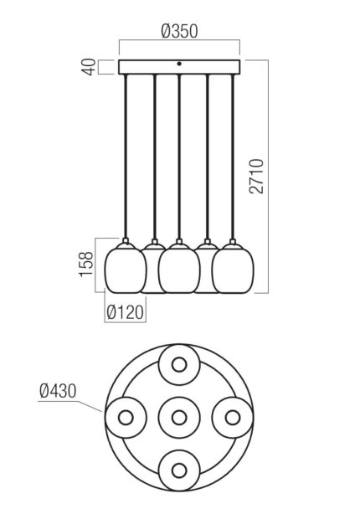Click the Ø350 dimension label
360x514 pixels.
tap(180, 31)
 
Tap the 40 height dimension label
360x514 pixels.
tap(89, 67)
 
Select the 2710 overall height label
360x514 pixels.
tap(256, 177)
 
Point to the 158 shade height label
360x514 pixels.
tap(87, 265)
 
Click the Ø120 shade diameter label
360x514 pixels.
tap(126, 312)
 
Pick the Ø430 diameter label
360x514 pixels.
tap(58, 391)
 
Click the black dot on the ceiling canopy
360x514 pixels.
tap(178, 64)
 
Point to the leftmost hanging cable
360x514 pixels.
tap(125, 157)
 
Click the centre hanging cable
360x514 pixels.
tap(178, 157)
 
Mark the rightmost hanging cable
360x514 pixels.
tap(233, 157)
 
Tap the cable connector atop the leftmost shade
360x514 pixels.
tap(125, 241)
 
